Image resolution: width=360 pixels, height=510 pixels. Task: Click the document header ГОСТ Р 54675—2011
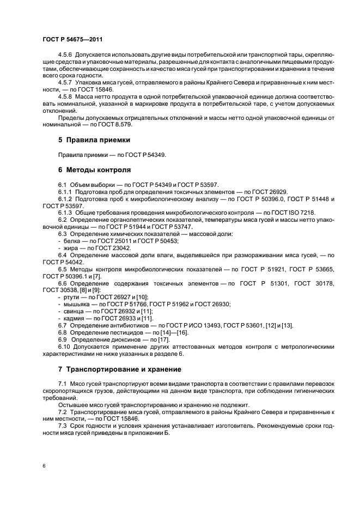(x=72, y=40)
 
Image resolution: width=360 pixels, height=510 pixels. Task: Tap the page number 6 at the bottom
(x=44, y=466)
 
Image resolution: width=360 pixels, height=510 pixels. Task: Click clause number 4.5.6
(x=65, y=56)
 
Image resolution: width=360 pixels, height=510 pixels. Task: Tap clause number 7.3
(x=62, y=425)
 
